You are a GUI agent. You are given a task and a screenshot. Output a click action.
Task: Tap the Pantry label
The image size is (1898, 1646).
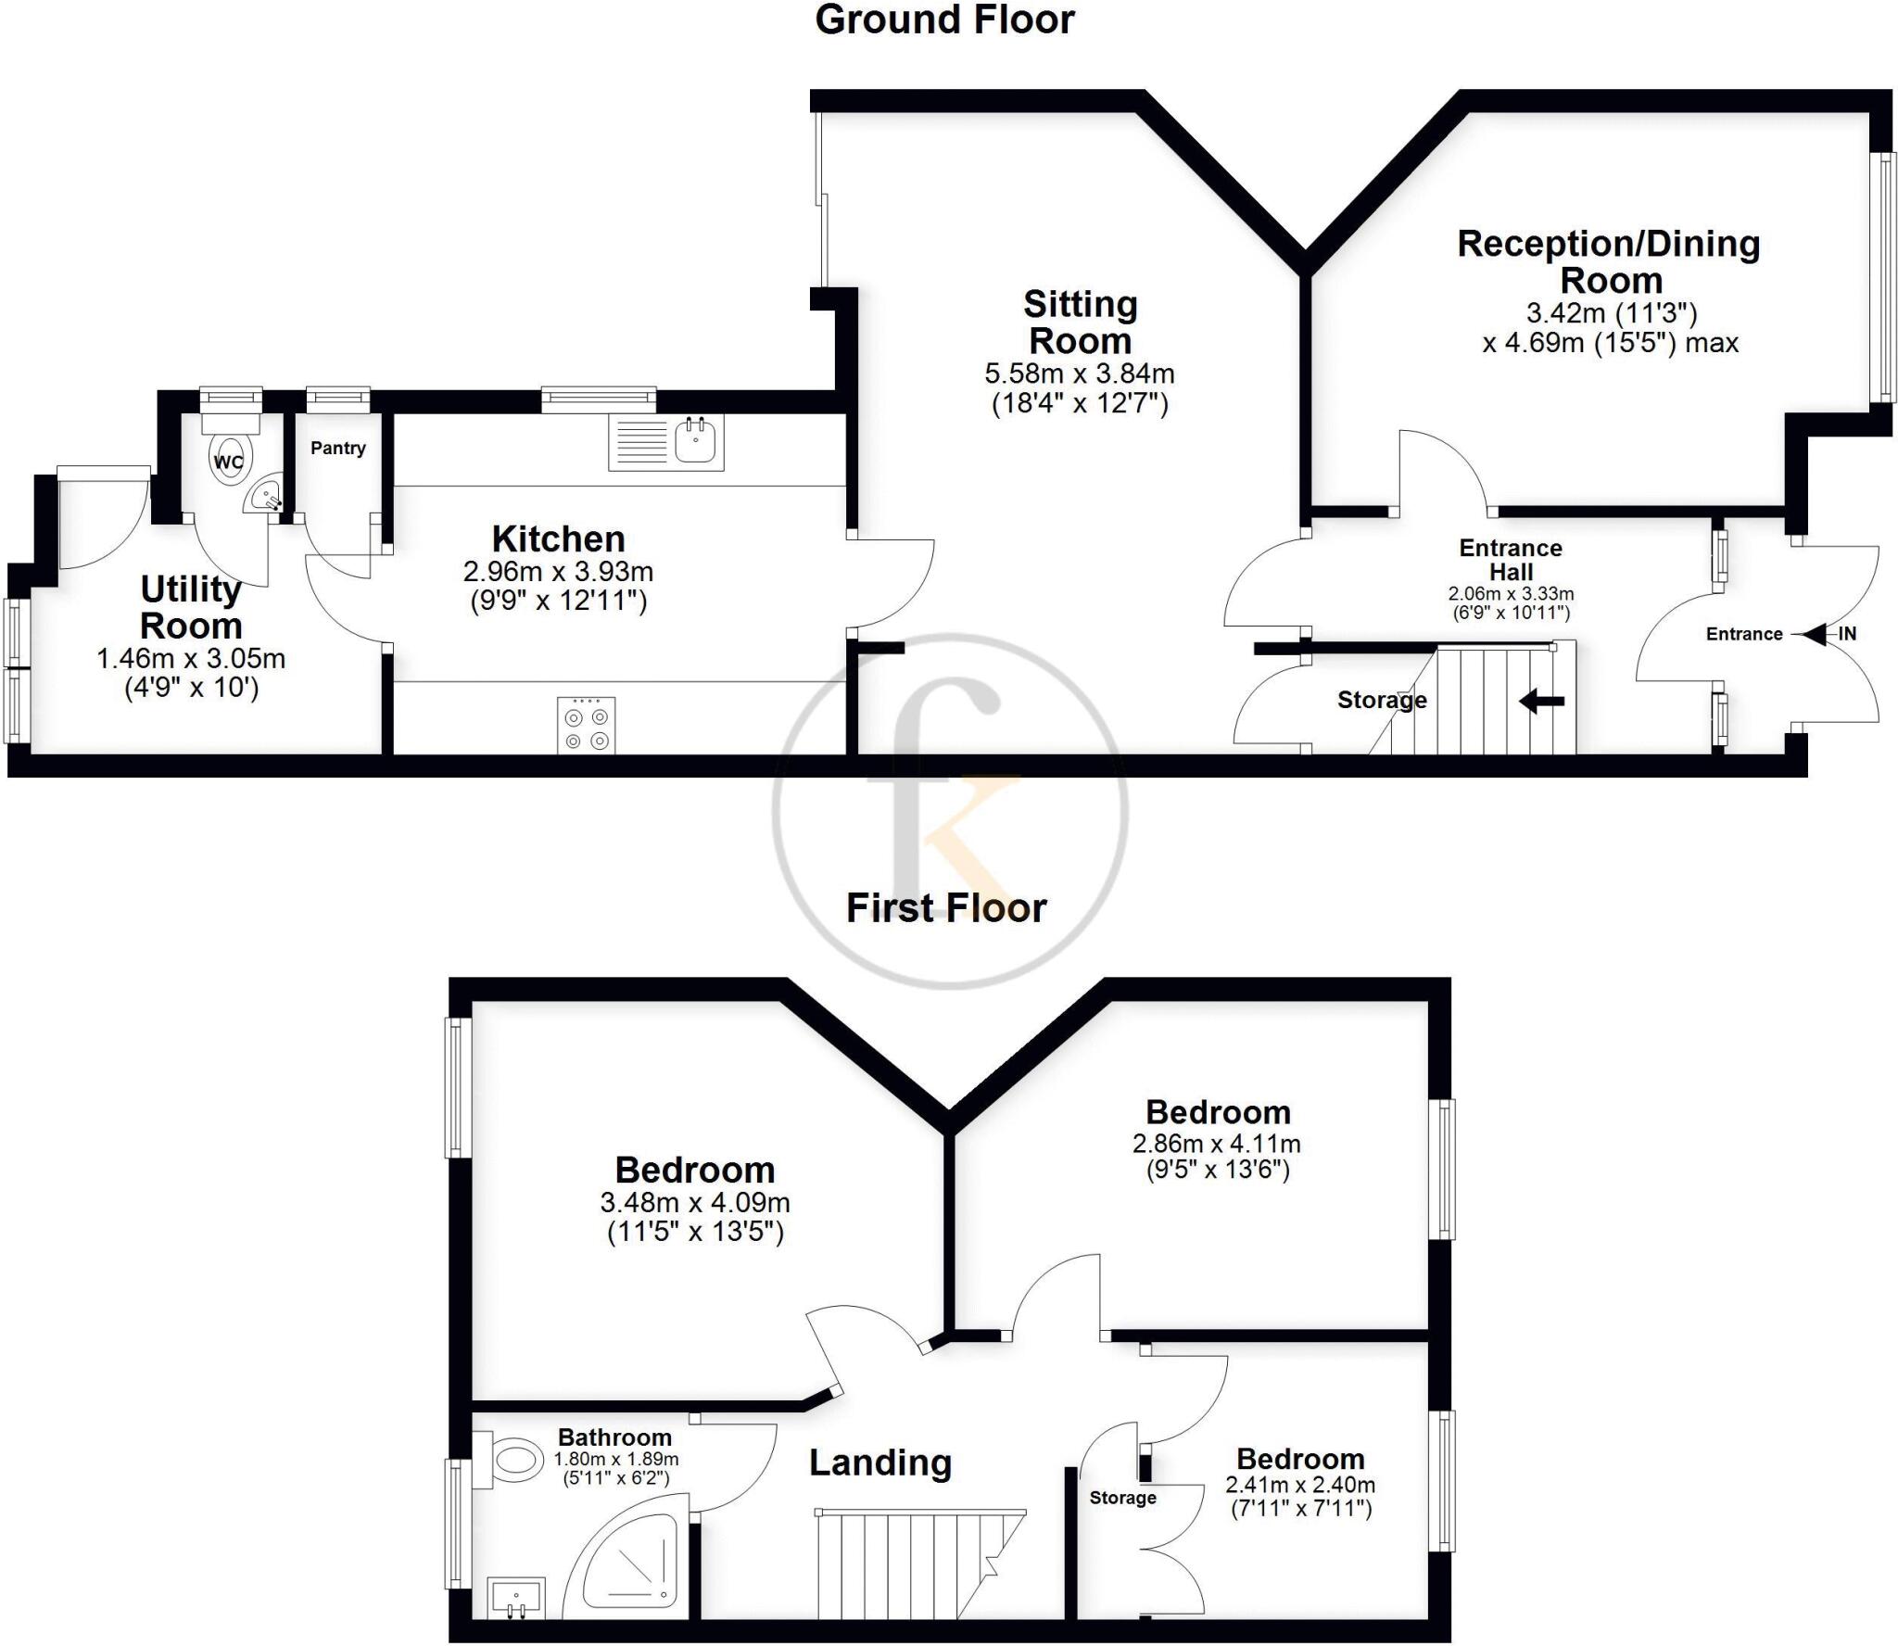[337, 448]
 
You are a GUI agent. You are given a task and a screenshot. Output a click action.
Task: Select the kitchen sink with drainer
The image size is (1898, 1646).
[665, 442]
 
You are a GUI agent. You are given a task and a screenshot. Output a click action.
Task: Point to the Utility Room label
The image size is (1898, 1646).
[191, 607]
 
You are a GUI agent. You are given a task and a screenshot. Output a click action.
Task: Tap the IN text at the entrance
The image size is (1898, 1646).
[1847, 634]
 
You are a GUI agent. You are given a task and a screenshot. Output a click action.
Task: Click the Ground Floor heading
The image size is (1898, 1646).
[944, 20]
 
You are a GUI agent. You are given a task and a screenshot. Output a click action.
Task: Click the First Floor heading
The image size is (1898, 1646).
[946, 908]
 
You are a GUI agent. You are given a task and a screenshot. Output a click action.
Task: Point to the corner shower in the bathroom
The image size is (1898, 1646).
[630, 1566]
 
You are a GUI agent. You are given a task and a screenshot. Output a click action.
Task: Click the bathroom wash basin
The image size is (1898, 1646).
[516, 1596]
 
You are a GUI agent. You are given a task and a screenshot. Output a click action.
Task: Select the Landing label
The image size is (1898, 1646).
[880, 1463]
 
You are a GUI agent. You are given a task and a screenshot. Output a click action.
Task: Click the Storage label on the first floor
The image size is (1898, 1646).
[1122, 1498]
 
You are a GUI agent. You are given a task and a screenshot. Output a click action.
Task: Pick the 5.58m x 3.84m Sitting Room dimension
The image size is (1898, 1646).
[1080, 374]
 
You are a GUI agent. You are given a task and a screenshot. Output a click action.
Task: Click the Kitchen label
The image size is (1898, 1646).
[558, 538]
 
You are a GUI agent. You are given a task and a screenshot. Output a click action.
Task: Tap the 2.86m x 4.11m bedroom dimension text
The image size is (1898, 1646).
[1217, 1144]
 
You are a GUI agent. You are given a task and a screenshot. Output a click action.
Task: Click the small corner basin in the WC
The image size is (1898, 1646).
[265, 496]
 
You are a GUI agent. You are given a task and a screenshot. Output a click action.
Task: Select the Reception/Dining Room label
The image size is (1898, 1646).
[1609, 261]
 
